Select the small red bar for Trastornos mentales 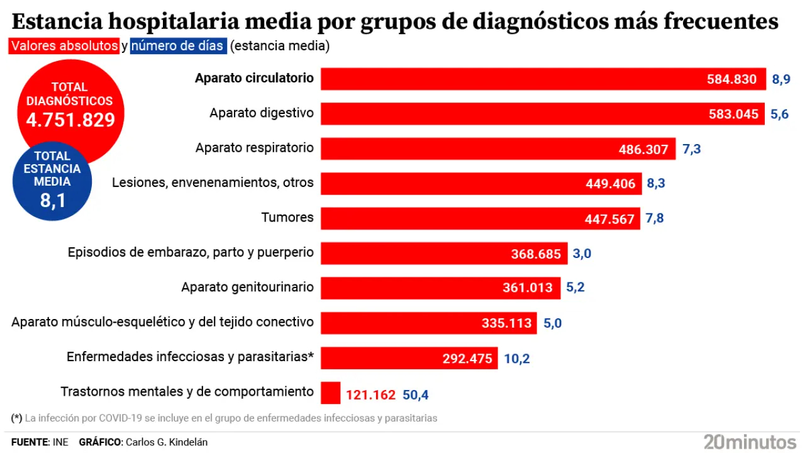330,393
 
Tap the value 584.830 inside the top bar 732,79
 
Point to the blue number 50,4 415,395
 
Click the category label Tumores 287,218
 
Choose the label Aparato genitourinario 247,287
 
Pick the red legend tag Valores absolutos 64,46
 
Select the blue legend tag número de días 178,46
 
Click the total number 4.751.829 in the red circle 70,120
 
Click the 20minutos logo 750,441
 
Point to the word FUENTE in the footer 30,442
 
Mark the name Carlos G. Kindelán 167,442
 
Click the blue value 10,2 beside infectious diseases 516,359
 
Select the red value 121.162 370,395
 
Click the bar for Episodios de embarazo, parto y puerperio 444,254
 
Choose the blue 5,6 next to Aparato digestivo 779,114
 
